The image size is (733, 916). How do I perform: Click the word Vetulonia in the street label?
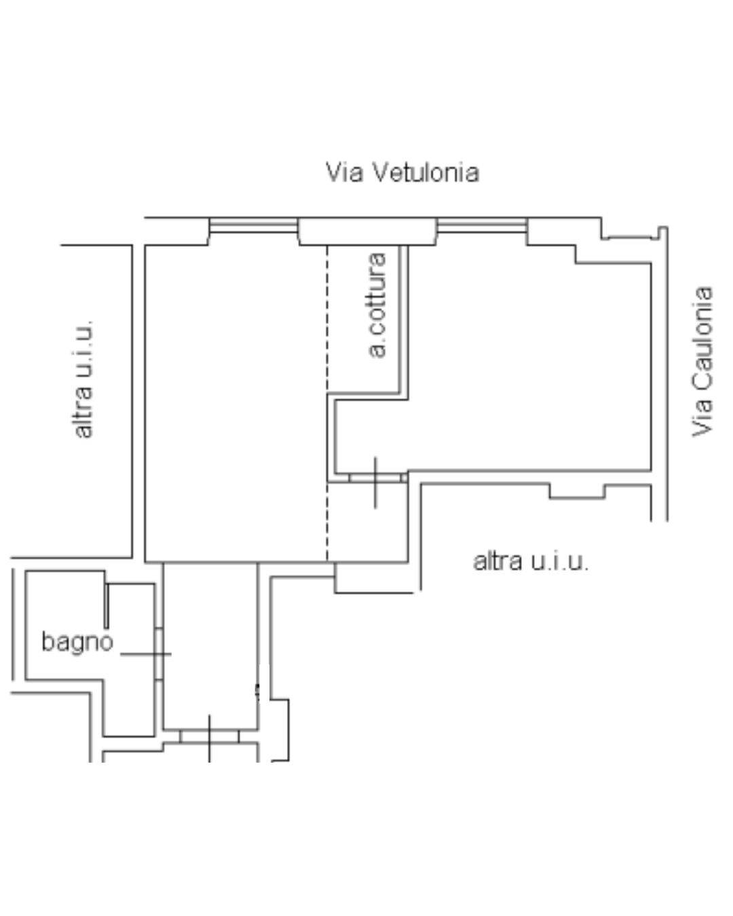coord(426,172)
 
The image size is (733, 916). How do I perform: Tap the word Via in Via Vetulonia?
coord(345,172)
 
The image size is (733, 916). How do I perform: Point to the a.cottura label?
coord(377,305)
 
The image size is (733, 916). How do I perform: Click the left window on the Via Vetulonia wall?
coord(254,225)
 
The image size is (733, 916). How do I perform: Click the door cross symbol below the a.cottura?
coord(375,482)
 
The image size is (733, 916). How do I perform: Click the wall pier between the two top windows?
coord(368,231)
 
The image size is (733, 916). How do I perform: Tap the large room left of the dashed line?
coord(236,404)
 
